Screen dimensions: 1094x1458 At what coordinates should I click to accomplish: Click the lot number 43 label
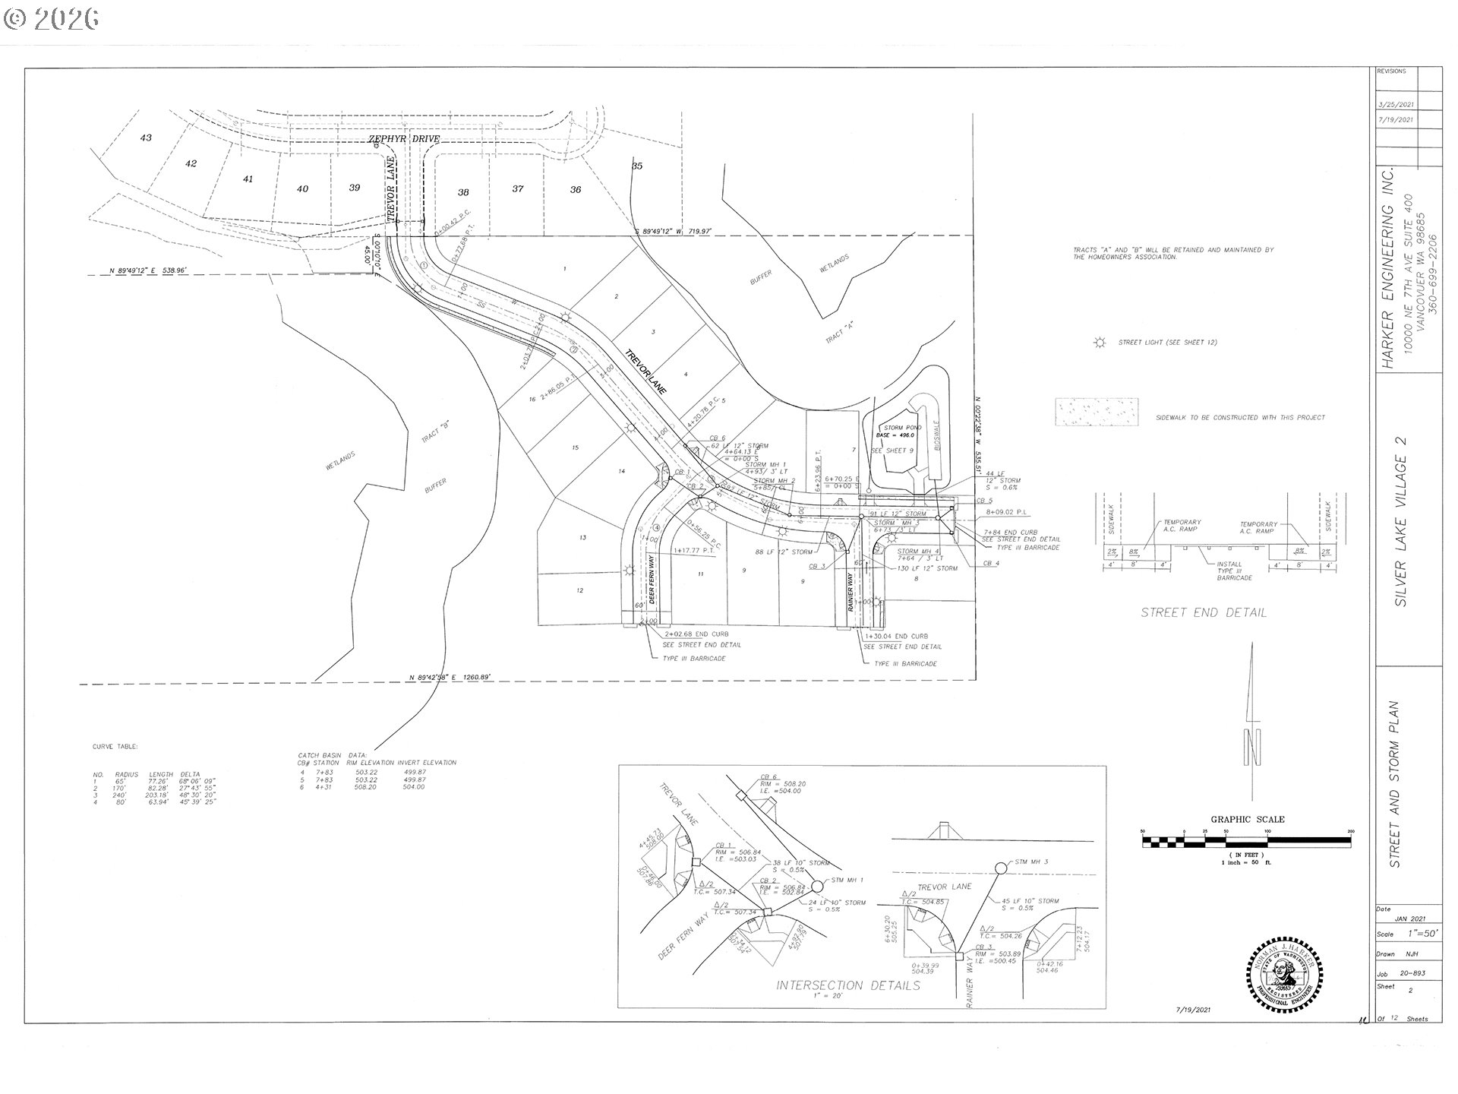(146, 138)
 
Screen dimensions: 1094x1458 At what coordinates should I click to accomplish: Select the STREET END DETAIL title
(1204, 612)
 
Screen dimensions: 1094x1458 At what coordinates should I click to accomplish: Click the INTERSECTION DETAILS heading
(847, 985)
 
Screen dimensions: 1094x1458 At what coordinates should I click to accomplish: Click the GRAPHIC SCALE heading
(1247, 819)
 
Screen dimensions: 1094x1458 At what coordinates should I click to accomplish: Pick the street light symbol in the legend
(1099, 343)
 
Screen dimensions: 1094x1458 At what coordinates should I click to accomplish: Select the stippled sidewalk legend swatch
(1097, 412)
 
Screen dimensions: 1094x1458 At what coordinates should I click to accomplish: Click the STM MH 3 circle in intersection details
(1001, 867)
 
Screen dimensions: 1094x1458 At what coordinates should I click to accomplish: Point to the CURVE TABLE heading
(115, 747)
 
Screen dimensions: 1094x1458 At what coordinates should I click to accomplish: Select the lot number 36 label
(576, 190)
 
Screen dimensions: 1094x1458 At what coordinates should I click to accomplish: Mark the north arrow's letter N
(1253, 748)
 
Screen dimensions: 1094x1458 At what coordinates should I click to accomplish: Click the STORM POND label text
(903, 428)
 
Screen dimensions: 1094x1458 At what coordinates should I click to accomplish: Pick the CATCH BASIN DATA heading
(333, 754)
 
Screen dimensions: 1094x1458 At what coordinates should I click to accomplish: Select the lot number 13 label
(582, 538)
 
